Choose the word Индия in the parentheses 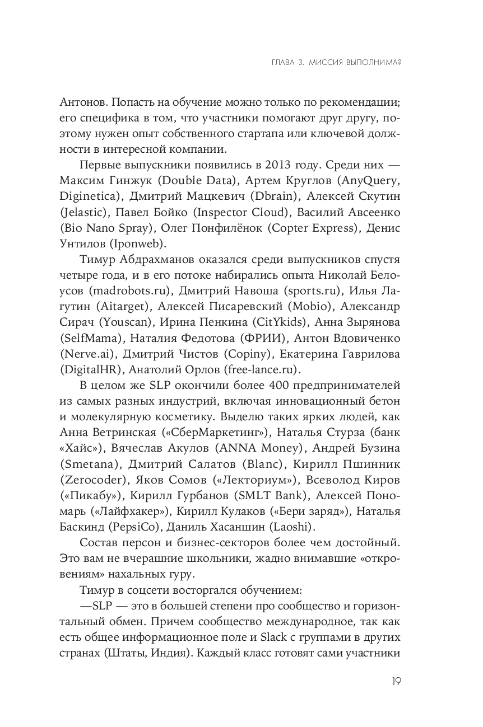pyautogui.click(x=162, y=654)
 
